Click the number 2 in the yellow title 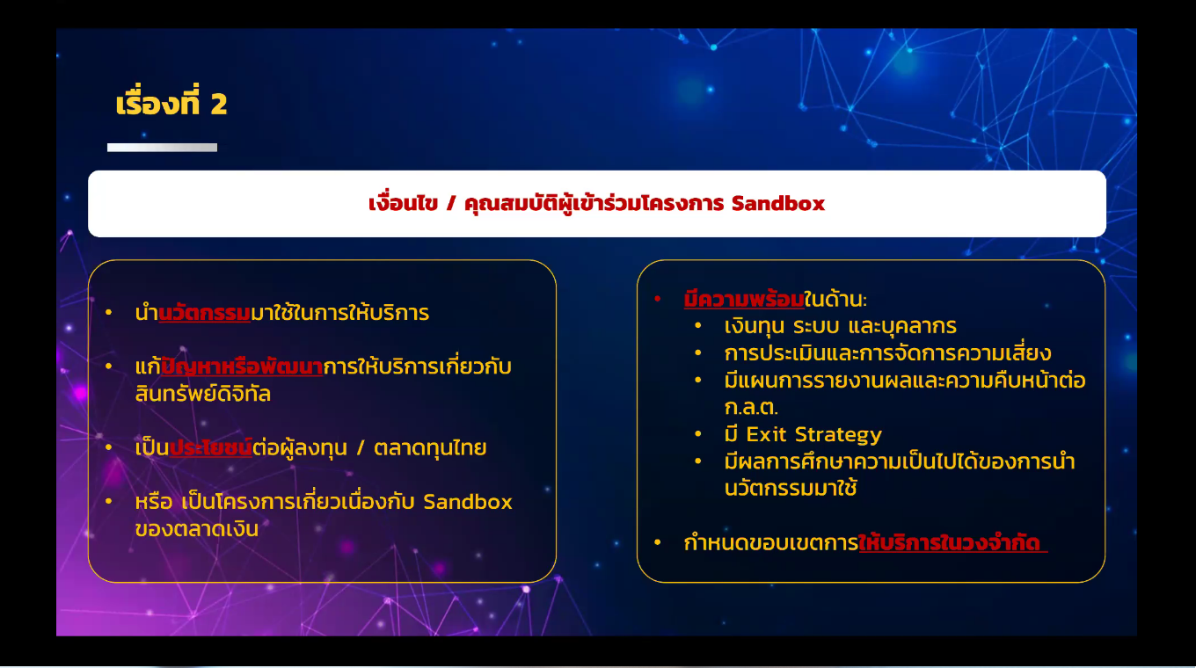(x=219, y=104)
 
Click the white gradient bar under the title (x=163, y=148)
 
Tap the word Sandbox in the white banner (x=778, y=203)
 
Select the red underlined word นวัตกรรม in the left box (x=205, y=313)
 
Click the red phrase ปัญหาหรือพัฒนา (x=242, y=367)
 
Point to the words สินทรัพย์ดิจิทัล (x=203, y=394)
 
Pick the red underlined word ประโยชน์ (x=210, y=447)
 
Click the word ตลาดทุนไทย (x=430, y=447)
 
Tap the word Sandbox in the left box (x=468, y=502)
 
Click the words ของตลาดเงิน (x=197, y=529)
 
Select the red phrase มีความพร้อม (x=744, y=299)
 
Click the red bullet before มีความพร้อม (x=658, y=299)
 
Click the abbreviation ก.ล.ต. (x=751, y=408)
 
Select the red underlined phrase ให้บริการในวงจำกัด (x=953, y=542)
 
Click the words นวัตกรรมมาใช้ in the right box (x=791, y=488)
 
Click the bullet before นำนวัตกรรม (x=109, y=313)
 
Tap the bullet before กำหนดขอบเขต (x=658, y=542)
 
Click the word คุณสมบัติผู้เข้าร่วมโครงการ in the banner (x=594, y=204)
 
